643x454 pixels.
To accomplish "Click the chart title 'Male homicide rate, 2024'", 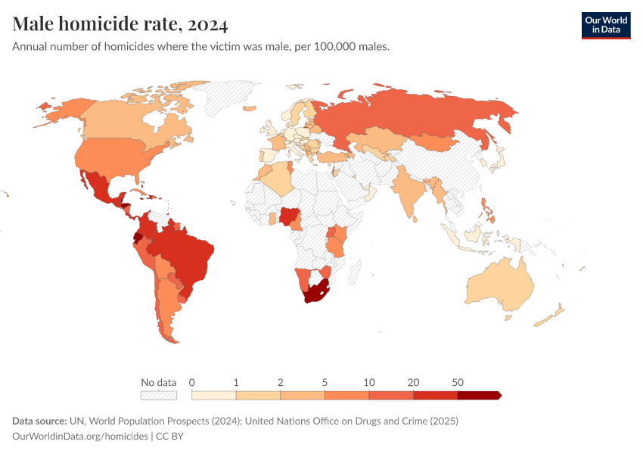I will tap(120, 24).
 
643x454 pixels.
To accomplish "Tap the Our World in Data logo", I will tap(605, 25).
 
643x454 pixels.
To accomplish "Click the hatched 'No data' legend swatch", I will tap(158, 395).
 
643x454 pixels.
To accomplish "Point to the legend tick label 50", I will tap(457, 382).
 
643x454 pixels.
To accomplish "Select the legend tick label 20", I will tap(413, 382).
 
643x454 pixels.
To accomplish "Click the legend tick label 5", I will tap(325, 382).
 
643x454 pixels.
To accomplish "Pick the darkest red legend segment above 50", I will tap(479, 395).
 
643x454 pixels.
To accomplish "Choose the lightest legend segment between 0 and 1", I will tap(214, 395).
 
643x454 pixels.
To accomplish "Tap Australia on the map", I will tap(499, 284).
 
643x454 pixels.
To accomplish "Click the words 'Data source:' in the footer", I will tap(38, 421).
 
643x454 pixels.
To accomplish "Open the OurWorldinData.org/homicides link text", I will tap(80, 437).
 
